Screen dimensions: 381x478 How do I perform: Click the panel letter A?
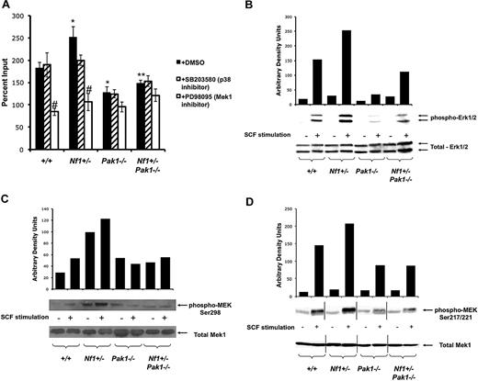pos(10,8)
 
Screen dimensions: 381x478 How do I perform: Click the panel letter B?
pos(251,8)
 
